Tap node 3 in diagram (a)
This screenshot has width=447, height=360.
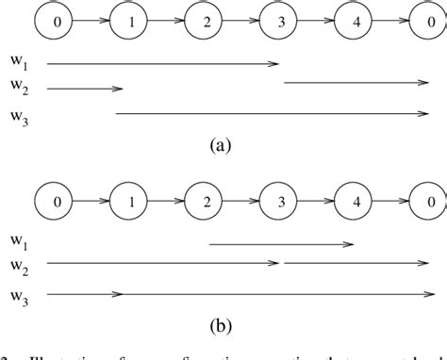click(x=280, y=20)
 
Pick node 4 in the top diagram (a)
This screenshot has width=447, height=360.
click(x=356, y=20)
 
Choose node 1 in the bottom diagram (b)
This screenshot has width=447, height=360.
click(x=129, y=200)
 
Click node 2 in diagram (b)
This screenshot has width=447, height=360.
click(x=205, y=200)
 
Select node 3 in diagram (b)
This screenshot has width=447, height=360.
click(x=280, y=200)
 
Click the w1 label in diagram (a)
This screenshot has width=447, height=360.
click(x=20, y=66)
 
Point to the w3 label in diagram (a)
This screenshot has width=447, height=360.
click(x=20, y=117)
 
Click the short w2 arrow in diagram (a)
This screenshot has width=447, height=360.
click(x=84, y=90)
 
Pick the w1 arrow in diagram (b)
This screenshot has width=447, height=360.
click(x=280, y=244)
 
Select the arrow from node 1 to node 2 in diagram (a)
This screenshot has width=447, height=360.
click(x=167, y=20)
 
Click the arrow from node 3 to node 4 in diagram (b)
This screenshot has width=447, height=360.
click(x=318, y=200)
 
